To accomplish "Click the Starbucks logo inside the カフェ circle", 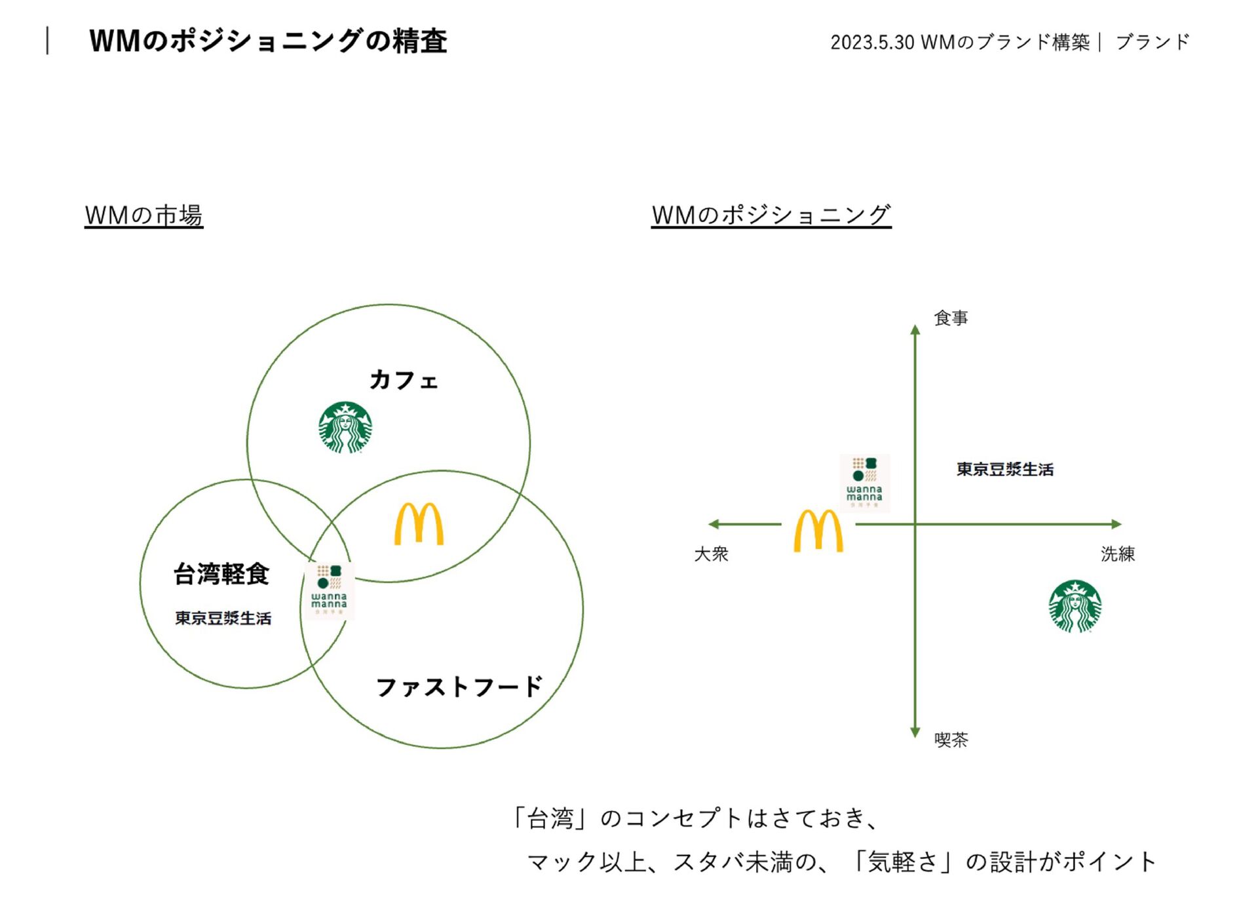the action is coord(345,428).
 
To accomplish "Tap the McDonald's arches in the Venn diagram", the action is coord(419,524).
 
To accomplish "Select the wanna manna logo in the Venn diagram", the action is coord(329,590).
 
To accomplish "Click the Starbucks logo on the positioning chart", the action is coord(1075,606).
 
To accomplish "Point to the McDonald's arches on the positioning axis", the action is coord(818,531).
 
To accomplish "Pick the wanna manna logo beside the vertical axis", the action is coord(864,483).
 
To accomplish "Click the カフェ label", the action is coord(404,380).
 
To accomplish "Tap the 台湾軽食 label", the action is coord(221,574).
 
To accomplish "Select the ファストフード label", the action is coord(459,687).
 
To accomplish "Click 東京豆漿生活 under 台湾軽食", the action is coord(223,618).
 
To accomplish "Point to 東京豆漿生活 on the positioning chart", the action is coord(1005,469).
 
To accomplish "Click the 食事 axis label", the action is coord(951,318).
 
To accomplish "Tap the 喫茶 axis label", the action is coord(951,740).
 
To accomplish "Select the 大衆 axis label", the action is coord(711,554).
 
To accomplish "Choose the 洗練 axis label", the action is coord(1118,554).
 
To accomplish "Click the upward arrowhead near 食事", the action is coord(915,330).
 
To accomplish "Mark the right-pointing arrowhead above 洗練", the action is coord(1116,524).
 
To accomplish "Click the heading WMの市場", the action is coord(144,215).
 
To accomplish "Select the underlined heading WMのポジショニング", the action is coord(771,215).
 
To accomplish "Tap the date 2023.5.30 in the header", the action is coord(872,43).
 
